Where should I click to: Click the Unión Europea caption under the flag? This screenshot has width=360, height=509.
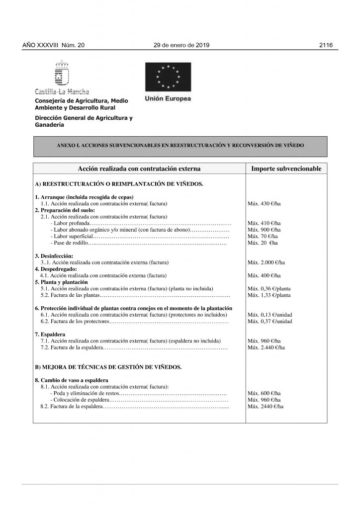tap(168, 98)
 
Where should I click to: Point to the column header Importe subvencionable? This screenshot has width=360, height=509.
tap(286, 169)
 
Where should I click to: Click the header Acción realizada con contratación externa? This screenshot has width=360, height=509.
tap(139, 169)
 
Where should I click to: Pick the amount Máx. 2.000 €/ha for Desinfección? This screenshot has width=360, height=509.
tap(266, 262)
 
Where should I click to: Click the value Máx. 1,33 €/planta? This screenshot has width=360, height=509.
tap(269, 295)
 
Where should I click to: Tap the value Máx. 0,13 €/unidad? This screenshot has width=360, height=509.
tap(270, 315)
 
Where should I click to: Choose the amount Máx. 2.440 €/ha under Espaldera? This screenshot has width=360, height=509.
tap(266, 347)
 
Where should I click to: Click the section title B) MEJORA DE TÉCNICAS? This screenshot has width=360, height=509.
tap(108, 367)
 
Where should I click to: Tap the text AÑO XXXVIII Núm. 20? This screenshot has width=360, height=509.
tap(54, 45)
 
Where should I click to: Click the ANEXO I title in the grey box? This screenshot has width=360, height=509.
tap(180, 146)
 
